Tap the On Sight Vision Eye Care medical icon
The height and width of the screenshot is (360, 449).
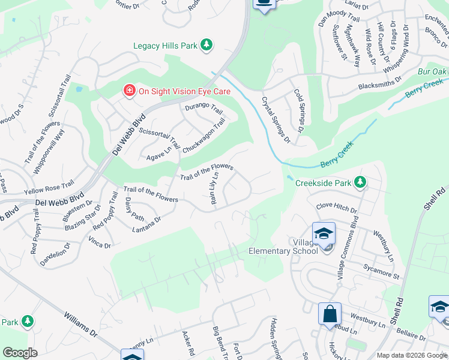tap(128, 91)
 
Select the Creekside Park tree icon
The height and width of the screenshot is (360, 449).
tap(360, 181)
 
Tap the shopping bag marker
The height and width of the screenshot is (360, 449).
tap(330, 314)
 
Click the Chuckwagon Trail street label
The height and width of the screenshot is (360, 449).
tap(203, 135)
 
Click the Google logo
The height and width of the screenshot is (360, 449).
tap(20, 353)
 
